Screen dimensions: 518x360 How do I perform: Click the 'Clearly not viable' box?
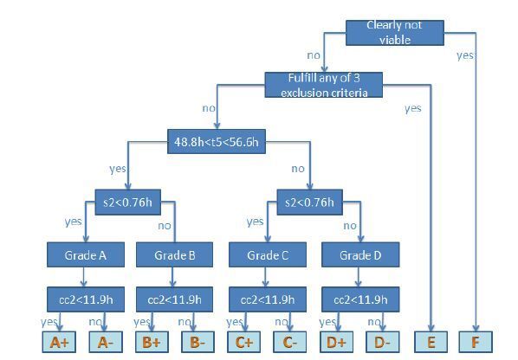[x=395, y=33]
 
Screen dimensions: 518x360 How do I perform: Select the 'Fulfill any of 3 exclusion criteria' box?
[x=324, y=85]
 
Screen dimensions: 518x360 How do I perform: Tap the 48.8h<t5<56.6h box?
[x=217, y=142]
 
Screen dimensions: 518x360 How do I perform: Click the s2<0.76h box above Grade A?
[x=128, y=202]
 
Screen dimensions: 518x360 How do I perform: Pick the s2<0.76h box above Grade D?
[x=309, y=202]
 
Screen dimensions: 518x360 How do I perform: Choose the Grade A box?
[x=86, y=254]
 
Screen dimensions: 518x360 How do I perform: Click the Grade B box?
[x=174, y=254]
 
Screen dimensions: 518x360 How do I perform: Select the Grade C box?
[x=268, y=254]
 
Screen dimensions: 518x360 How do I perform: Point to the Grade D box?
[x=360, y=254]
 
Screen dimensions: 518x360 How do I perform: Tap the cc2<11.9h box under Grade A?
[x=86, y=299]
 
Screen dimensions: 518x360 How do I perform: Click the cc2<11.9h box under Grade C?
[x=268, y=299]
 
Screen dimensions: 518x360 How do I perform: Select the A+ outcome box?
[x=59, y=342]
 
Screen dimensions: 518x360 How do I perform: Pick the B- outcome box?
[x=197, y=342]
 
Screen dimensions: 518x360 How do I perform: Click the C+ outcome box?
[x=243, y=342]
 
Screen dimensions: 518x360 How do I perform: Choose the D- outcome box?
[x=383, y=342]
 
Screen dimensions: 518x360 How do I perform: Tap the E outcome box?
[x=431, y=342]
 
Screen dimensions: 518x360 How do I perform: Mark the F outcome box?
[x=476, y=342]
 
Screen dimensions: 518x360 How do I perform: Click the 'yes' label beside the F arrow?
[x=465, y=55]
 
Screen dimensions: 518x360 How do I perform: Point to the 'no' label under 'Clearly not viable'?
[x=314, y=55]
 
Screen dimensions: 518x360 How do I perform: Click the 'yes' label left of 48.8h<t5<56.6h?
[x=118, y=169]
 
